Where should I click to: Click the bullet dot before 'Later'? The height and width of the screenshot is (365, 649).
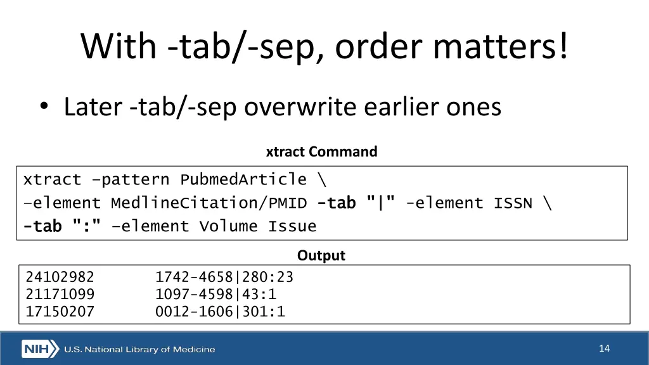42,107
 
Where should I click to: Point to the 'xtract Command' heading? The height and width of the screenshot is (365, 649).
321,152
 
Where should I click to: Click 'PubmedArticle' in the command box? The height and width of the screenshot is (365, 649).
243,180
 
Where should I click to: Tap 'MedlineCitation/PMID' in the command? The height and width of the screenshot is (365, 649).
209,203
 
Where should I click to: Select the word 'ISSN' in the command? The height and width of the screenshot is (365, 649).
513,203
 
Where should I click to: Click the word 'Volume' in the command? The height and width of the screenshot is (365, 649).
228,226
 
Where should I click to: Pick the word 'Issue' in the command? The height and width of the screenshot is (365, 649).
292,226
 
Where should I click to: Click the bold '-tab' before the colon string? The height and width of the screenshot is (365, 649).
42,226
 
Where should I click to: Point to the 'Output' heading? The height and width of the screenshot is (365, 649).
321,255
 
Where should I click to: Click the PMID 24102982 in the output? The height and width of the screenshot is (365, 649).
60,277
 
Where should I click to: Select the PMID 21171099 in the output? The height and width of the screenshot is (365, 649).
60,294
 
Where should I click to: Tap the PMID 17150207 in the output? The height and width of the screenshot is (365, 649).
60,311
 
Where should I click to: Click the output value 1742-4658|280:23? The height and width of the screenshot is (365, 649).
224,277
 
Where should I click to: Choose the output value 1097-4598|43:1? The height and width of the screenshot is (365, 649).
215,294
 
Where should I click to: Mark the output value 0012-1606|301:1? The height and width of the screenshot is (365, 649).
220,311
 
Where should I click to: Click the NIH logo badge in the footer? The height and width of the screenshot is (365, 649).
40,349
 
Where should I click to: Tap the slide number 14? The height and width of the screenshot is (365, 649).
604,348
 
